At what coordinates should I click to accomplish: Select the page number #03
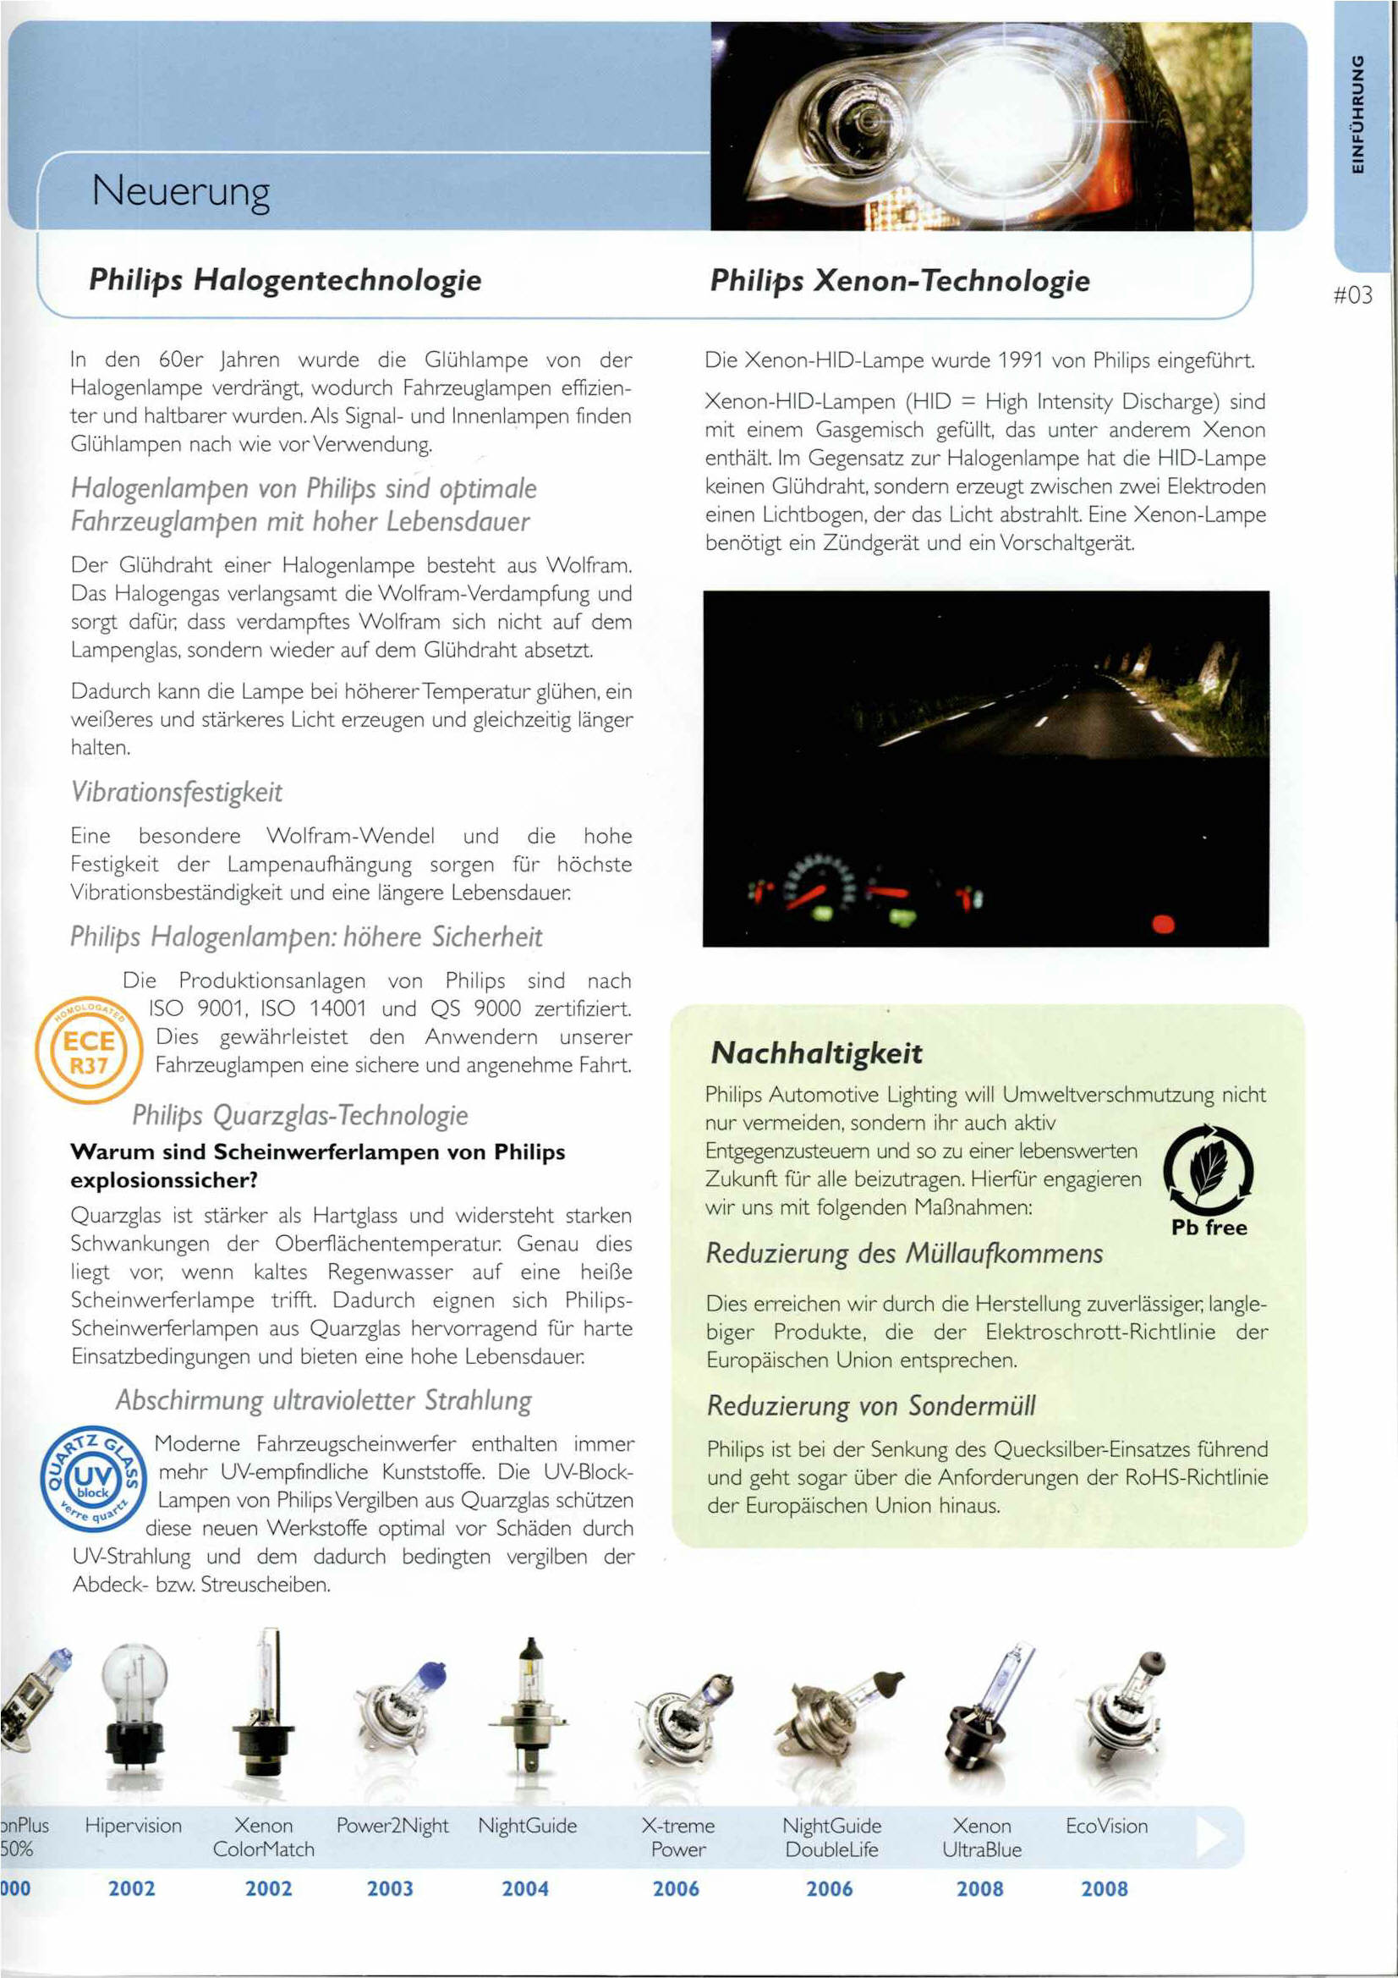pos(1352,295)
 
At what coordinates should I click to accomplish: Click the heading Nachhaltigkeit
pos(816,1052)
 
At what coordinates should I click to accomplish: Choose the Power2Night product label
pos(392,1826)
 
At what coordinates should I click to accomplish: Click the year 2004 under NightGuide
pos(525,1888)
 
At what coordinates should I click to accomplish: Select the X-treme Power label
pos(678,1837)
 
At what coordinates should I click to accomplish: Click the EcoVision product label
pos(1106,1826)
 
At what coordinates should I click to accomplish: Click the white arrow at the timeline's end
pos(1210,1836)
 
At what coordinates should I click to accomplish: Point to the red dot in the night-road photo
pos(1163,925)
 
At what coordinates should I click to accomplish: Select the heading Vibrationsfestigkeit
pos(176,792)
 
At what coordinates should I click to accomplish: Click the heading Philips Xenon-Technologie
pos(899,280)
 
